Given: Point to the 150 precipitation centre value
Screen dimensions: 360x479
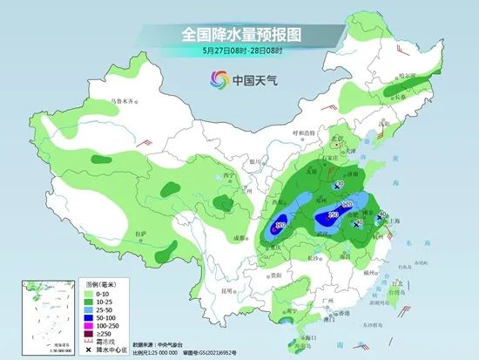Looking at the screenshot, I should tap(333, 214).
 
